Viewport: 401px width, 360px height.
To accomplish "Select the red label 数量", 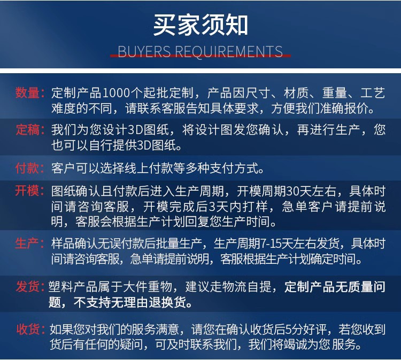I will (28, 93).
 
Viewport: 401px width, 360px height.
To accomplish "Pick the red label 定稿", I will (28, 130).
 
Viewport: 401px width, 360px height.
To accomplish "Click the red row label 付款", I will (28, 168).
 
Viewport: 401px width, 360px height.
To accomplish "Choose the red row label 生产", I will (28, 244).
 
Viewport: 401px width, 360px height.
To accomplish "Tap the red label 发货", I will (28, 287).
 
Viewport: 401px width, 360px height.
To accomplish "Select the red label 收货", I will (28, 328).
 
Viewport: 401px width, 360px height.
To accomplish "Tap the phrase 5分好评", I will (320, 328).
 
